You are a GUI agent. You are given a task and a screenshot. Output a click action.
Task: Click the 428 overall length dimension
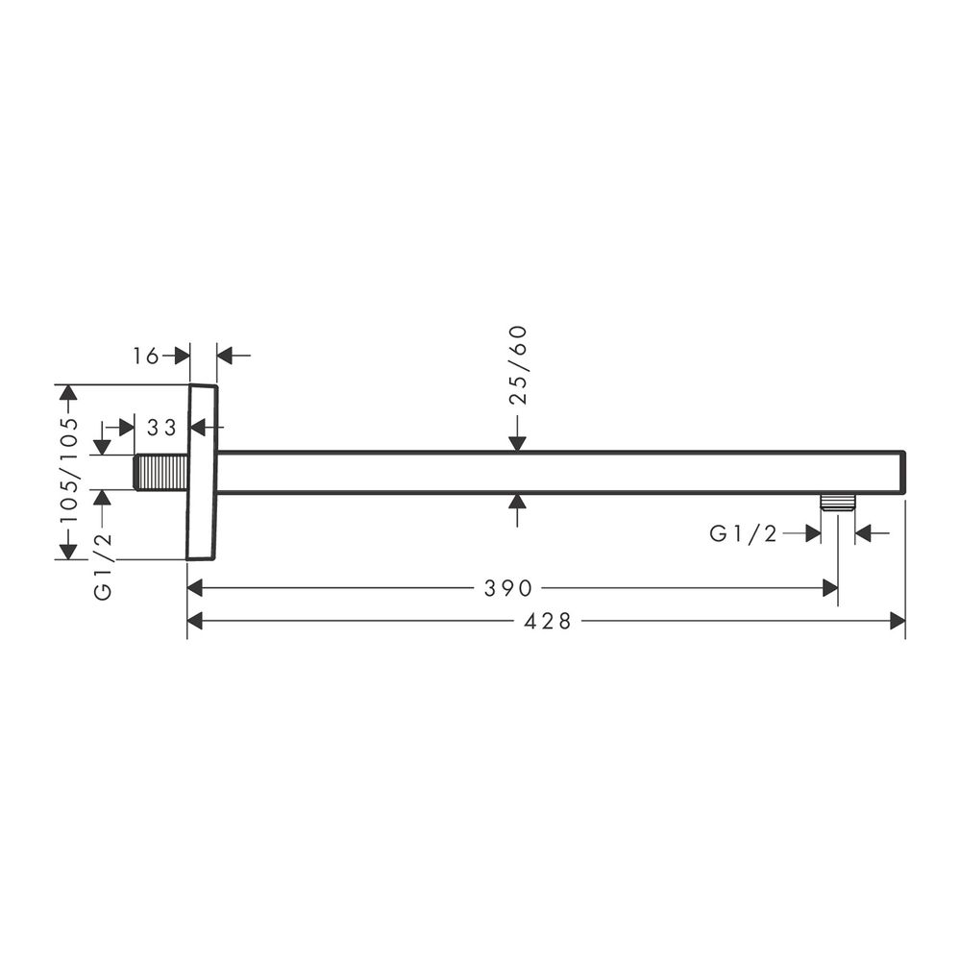[x=548, y=621]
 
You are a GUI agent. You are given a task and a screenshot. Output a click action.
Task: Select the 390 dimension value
[x=508, y=588]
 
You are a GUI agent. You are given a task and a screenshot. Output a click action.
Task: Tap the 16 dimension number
[x=146, y=356]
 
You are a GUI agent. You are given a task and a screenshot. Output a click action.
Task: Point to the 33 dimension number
[x=161, y=427]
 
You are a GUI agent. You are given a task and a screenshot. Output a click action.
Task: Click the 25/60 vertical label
[x=519, y=365]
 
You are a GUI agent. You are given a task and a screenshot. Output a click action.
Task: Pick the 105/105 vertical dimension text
[x=69, y=470]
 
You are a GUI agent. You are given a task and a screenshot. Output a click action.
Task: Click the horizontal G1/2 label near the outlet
[x=743, y=533]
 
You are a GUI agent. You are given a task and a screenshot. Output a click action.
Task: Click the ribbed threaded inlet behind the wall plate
[x=161, y=473]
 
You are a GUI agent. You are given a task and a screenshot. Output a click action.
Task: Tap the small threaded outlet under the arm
[x=838, y=502]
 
